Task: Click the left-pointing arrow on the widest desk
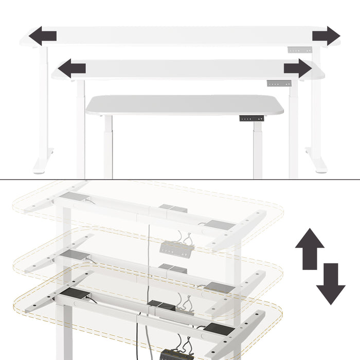(x=42, y=36)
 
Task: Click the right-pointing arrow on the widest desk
(x=326, y=36)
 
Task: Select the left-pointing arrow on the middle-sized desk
(x=71, y=68)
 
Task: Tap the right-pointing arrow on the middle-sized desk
(x=298, y=68)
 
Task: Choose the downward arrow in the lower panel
(x=331, y=284)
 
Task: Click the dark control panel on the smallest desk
(x=251, y=118)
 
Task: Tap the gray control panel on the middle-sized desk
(x=279, y=83)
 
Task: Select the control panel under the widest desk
(x=300, y=50)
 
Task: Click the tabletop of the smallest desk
(x=184, y=105)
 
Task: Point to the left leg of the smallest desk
(x=108, y=147)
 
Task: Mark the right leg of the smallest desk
(x=258, y=149)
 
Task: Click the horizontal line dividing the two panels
(x=180, y=179)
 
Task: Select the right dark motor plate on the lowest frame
(x=219, y=328)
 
